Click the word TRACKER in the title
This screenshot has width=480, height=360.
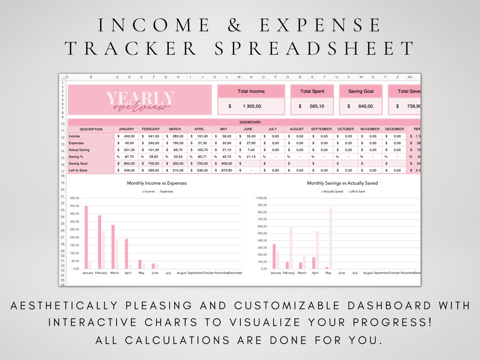click(x=131, y=48)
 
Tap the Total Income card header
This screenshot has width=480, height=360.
click(x=251, y=91)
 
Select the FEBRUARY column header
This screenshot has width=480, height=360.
click(x=151, y=129)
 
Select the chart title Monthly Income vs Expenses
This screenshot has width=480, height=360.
click(x=157, y=183)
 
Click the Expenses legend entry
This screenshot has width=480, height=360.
click(x=166, y=192)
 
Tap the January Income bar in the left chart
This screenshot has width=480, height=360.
click(x=86, y=237)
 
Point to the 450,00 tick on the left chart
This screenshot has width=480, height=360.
click(x=75, y=198)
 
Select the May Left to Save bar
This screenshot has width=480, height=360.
click(x=331, y=238)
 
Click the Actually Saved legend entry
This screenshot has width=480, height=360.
click(x=333, y=192)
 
